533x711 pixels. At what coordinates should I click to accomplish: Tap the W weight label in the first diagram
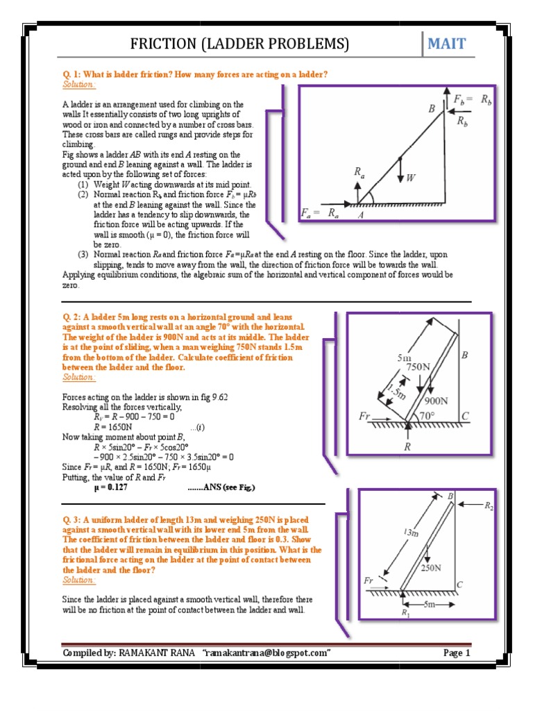pos(411,178)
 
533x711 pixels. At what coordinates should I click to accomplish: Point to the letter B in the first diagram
pos(432,108)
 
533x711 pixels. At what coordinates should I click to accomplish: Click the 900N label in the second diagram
pos(436,401)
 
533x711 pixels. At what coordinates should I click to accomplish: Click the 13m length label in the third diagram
pos(412,533)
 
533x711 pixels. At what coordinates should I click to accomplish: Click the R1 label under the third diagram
pos(405,613)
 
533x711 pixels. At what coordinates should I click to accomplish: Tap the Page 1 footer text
pos(457,653)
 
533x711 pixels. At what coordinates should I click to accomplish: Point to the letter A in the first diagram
pos(360,215)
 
